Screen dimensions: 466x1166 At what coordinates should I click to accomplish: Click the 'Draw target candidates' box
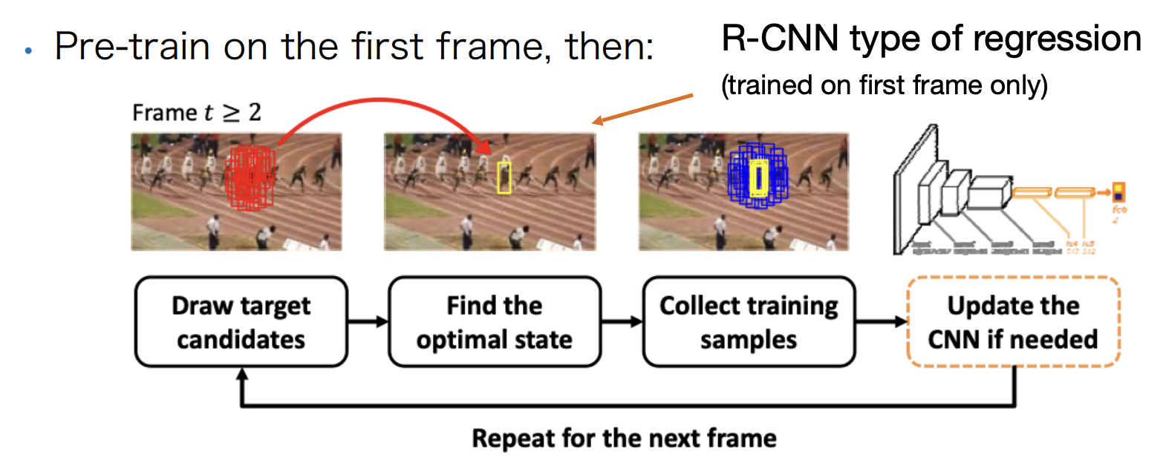(241, 322)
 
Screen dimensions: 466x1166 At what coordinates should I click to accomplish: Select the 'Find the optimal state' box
(495, 322)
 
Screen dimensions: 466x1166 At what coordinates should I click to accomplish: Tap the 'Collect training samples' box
(749, 322)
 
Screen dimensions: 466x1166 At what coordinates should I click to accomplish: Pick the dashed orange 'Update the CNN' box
(1013, 322)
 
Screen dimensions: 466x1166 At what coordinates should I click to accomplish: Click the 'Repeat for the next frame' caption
(624, 439)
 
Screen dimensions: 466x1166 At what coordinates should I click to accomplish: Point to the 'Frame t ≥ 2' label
(197, 113)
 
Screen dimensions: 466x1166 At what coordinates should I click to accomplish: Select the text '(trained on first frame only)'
(884, 85)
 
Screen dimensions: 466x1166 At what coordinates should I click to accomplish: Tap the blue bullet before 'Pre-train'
(28, 51)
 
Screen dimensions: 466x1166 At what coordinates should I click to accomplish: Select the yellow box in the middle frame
(504, 177)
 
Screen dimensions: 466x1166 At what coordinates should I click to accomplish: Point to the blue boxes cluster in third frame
(758, 176)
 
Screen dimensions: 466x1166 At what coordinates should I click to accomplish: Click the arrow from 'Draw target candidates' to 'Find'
(368, 321)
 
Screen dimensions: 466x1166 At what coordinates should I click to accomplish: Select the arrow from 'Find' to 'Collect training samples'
(622, 321)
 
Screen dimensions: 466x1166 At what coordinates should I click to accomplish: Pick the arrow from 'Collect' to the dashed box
(882, 321)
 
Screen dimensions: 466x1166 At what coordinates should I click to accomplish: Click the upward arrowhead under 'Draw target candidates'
(241, 376)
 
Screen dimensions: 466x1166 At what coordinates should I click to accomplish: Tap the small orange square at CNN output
(1118, 192)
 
